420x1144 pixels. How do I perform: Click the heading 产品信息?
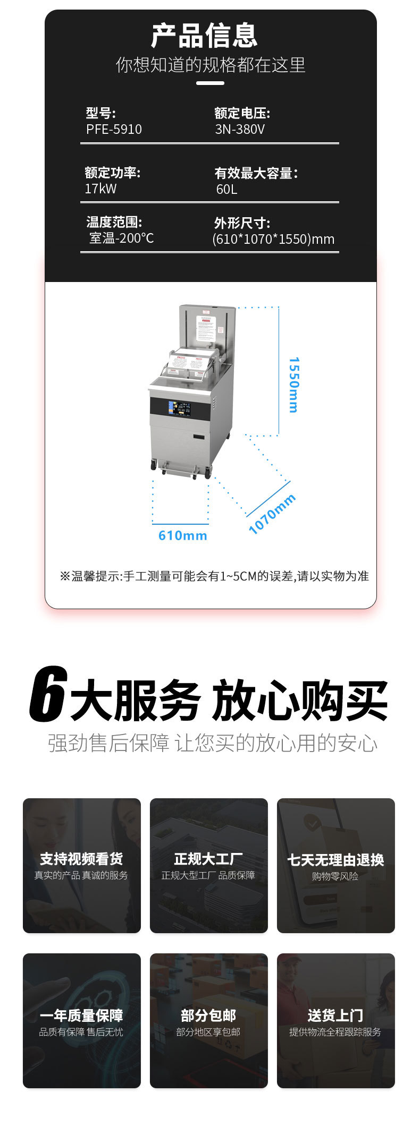tap(205, 36)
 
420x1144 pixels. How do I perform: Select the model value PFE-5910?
tap(114, 130)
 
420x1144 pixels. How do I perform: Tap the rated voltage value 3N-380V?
tap(240, 130)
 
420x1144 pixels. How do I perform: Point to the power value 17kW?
tap(100, 189)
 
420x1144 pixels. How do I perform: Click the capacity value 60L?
tap(226, 190)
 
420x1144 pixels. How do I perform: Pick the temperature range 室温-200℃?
tap(121, 238)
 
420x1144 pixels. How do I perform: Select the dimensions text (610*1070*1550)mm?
tap(273, 239)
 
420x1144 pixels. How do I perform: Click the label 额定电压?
tap(242, 113)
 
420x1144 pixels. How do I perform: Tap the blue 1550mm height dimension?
tap(293, 385)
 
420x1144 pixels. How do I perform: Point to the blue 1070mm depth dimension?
tap(272, 514)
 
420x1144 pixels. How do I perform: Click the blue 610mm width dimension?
tap(182, 535)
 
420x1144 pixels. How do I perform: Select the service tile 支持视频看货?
tap(82, 866)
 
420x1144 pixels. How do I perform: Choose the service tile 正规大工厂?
tap(208, 866)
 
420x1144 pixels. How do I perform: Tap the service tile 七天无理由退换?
tap(335, 866)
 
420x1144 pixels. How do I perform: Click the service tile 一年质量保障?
tap(82, 1021)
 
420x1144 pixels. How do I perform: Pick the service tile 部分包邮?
tap(208, 1021)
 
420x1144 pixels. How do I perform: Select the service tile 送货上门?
tap(335, 1021)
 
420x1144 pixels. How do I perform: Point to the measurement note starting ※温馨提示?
tap(214, 576)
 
